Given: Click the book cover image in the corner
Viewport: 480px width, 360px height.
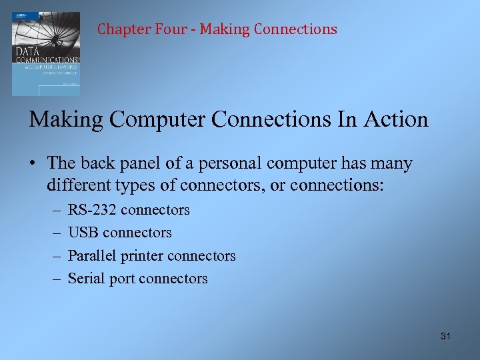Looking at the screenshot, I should click(45, 53).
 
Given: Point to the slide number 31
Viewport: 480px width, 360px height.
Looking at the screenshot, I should click(445, 336).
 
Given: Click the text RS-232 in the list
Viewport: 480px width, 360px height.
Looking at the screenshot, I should click(92, 210).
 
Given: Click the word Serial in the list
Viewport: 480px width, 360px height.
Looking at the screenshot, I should click(85, 279).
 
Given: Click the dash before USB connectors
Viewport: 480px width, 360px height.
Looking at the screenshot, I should click(54, 233).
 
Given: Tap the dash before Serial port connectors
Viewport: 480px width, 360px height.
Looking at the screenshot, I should click(54, 279).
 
